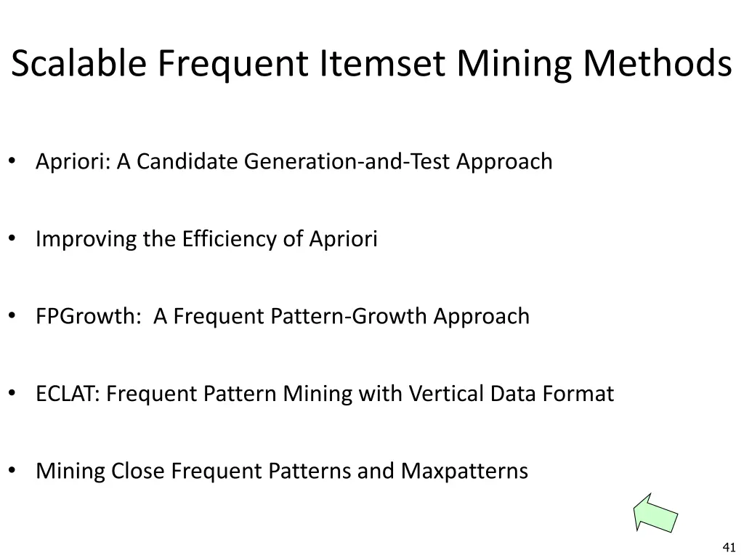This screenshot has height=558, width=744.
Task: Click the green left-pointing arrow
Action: pos(655,512)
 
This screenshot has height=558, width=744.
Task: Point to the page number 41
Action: pos(730,547)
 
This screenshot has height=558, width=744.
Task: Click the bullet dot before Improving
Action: pos(14,239)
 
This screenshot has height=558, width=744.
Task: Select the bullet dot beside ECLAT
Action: pos(14,395)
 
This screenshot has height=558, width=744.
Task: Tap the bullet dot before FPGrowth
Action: pos(14,317)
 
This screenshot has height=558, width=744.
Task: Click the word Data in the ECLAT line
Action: pos(514,395)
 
